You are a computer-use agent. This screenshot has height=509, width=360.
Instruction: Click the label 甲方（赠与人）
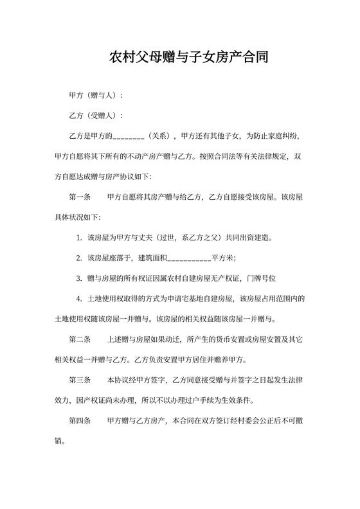point(95,96)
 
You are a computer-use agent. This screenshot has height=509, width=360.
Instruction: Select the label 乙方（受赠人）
point(95,116)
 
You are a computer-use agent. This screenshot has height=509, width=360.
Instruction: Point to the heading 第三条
point(80,380)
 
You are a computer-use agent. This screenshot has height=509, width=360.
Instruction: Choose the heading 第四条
point(80,420)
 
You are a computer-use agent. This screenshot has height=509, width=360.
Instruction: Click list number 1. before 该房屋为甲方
point(79,238)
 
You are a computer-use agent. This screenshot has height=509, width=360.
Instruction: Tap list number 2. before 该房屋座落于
point(79,258)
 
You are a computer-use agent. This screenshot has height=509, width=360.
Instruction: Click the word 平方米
point(223,258)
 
